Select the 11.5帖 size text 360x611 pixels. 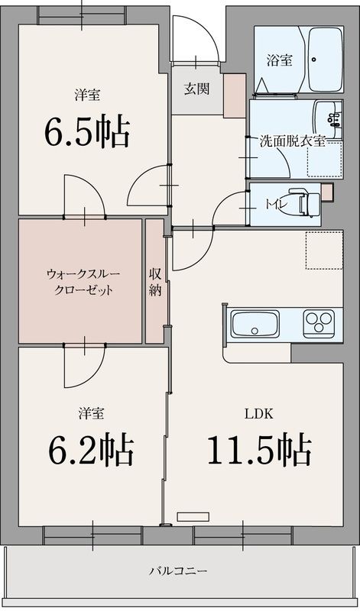point(258,450)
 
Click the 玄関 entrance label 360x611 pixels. point(196,89)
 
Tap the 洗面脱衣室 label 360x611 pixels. point(293,141)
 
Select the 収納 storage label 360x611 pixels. point(155,282)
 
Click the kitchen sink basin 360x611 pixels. point(255,324)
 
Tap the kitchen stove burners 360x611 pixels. point(319,323)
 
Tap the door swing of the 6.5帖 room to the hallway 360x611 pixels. point(145,186)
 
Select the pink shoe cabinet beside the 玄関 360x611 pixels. point(233,96)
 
